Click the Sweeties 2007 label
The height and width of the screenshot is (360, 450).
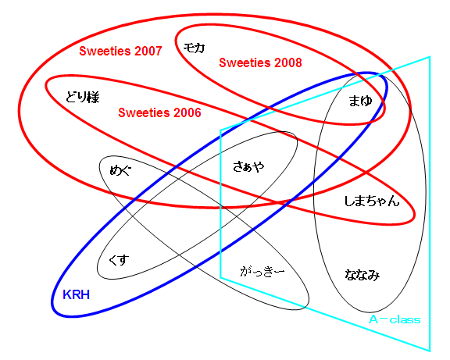coord(120,51)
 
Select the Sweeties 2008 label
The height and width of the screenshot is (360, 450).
coord(260,62)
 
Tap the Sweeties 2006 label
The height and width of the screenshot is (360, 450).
coord(159,112)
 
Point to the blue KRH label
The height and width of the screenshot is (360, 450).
coord(76,294)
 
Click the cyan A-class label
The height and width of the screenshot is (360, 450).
coord(395,319)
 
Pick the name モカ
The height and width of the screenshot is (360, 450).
coord(194,48)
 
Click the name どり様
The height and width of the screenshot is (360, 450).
coord(82,97)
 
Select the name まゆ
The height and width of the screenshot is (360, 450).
coord(360,101)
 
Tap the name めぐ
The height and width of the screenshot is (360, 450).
coord(120,170)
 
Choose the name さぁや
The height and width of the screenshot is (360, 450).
coord(248,166)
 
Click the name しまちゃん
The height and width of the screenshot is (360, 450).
coord(372,201)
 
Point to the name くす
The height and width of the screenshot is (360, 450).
coord(119,261)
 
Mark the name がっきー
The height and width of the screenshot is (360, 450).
coord(262,271)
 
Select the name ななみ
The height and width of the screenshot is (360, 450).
coord(362,275)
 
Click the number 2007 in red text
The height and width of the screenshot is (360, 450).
coord(148,51)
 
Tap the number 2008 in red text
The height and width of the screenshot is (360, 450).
coord(287,62)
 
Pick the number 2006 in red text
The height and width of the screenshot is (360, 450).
coord(187,112)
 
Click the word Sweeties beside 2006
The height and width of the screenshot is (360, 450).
coord(144,112)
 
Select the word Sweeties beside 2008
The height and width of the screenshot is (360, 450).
coord(245,62)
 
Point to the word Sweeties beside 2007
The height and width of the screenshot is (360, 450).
coord(105,51)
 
